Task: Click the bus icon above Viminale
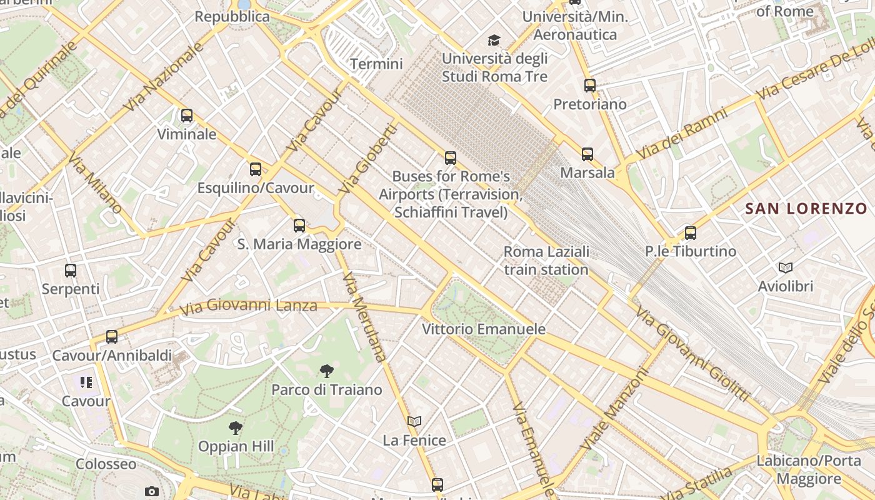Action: [x=186, y=116]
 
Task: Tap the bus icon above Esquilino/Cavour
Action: [x=255, y=169]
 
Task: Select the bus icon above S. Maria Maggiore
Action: [x=299, y=226]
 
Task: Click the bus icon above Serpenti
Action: [x=71, y=271]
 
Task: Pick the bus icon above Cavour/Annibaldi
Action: [x=112, y=337]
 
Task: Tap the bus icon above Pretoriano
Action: [x=590, y=86]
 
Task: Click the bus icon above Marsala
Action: [x=587, y=154]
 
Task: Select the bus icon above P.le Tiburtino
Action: [x=691, y=233]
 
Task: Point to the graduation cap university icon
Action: [x=494, y=41]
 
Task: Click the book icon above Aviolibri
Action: [x=786, y=268]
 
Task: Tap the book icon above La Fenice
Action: [x=414, y=422]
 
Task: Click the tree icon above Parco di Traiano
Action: [x=326, y=372]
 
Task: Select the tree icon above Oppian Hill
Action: [x=236, y=428]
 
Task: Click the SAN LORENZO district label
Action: [x=806, y=209]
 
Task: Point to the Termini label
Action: [x=376, y=64]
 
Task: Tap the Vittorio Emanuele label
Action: [x=484, y=329]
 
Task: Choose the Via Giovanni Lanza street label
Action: [x=248, y=306]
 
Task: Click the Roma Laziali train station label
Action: [x=546, y=261]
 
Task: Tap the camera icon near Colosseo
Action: [x=151, y=492]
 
